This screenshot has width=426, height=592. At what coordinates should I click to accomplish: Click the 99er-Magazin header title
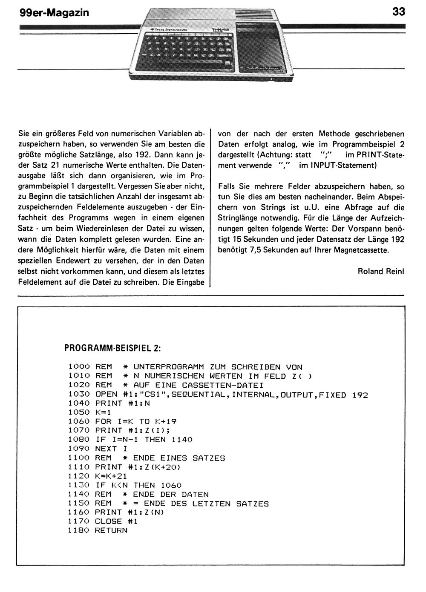[54, 13]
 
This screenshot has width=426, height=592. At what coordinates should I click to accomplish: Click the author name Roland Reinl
[381, 271]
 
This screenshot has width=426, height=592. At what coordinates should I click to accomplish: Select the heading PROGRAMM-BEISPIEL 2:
[112, 348]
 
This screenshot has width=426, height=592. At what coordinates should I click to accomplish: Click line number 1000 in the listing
[79, 367]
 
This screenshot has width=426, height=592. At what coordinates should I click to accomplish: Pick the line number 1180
[79, 530]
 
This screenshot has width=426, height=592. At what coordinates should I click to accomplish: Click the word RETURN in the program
[111, 530]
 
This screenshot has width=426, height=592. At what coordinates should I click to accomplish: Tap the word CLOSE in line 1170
[108, 521]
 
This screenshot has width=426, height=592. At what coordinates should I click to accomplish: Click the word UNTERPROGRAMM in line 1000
[168, 367]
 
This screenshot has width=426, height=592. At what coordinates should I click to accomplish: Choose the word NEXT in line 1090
[106, 449]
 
